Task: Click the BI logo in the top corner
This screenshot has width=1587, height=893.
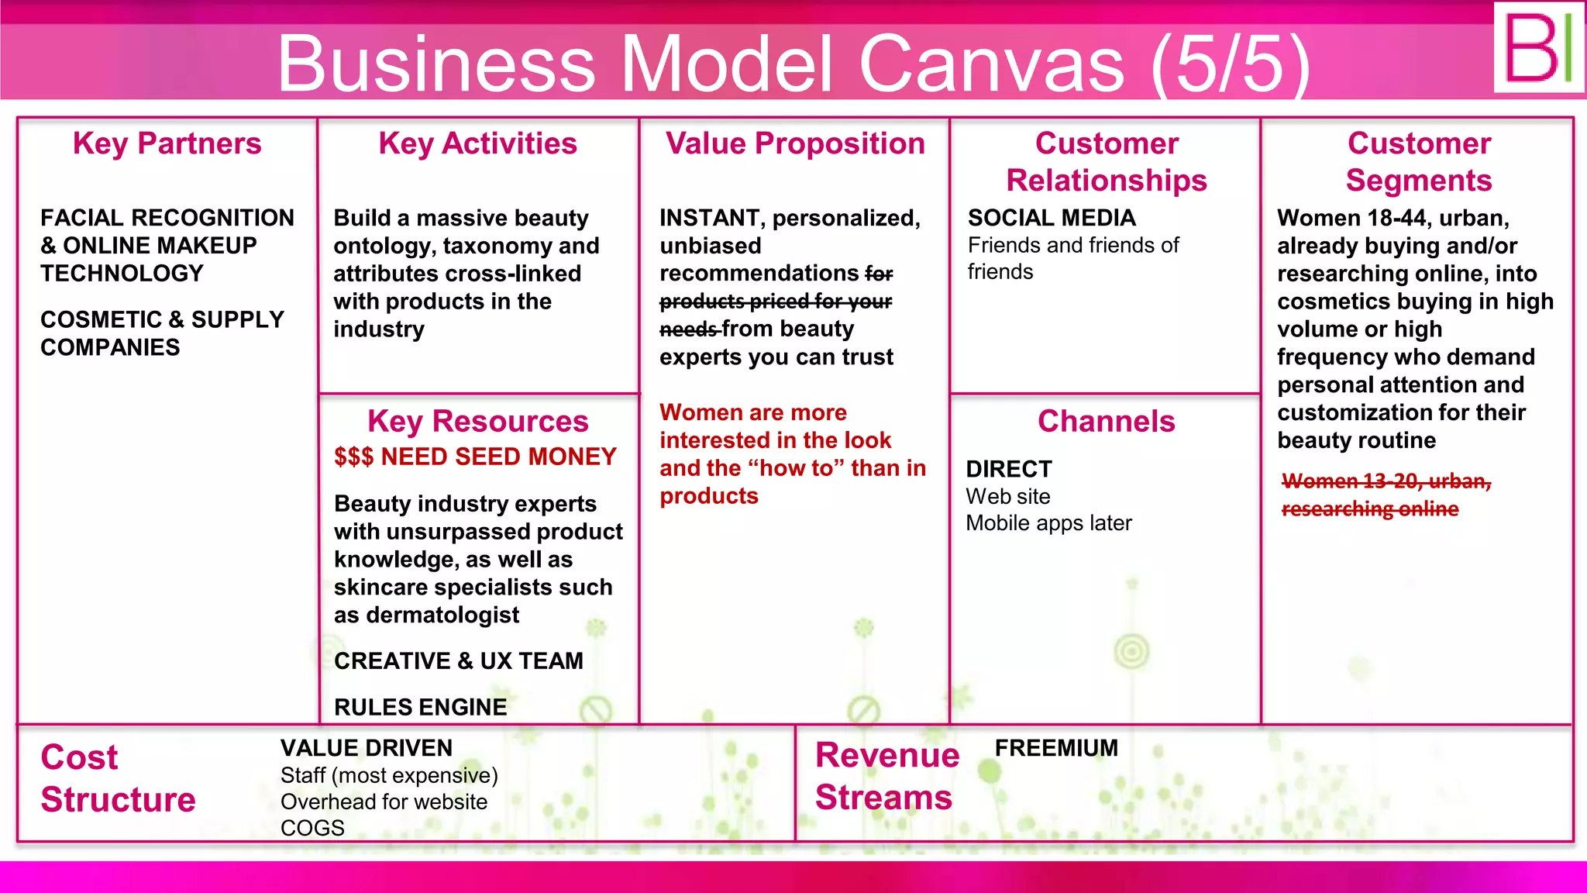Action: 1538,48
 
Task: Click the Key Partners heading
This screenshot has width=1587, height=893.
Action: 167,144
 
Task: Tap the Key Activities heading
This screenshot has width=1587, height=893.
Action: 477,144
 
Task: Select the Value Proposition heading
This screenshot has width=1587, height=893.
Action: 795,144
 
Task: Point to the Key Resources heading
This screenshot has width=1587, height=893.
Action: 477,422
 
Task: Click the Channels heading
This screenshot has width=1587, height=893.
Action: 1106,422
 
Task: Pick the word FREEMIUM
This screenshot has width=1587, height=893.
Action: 1056,748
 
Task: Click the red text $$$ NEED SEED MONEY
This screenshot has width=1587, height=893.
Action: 475,457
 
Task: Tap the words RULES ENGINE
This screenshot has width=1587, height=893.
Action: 420,707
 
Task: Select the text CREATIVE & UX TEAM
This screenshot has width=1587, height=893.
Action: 459,660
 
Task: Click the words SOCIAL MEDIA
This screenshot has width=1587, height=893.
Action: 1052,218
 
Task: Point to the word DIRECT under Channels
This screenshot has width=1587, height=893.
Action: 1009,469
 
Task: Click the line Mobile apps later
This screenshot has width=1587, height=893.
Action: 1048,523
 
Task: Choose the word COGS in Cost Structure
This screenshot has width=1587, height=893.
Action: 312,828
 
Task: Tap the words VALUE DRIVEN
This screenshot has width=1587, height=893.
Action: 367,748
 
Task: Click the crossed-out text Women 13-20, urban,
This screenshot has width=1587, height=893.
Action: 1386,481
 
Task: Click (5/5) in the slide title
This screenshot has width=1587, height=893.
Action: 1231,64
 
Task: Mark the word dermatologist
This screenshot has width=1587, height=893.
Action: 442,615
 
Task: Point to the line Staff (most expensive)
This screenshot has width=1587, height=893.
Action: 389,775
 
